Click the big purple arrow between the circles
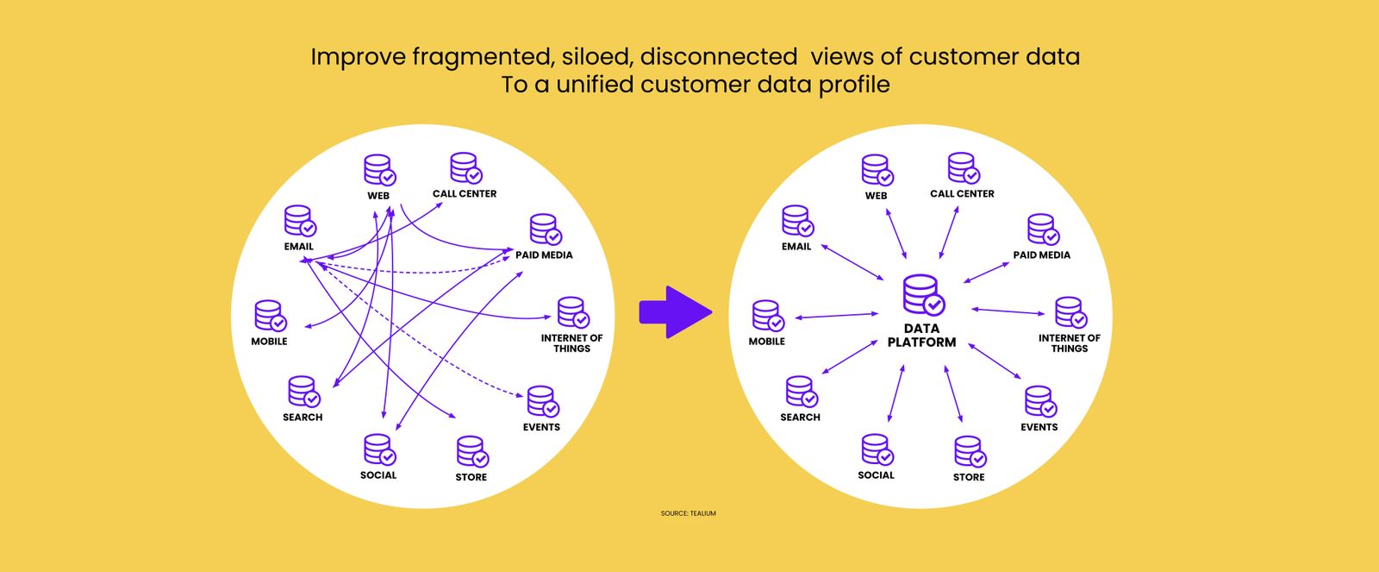(674, 311)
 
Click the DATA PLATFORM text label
(921, 335)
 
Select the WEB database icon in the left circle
(379, 170)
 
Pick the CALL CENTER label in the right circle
(962, 194)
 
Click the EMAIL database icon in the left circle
(300, 221)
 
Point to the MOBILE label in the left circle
(269, 342)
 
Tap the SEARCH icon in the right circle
(801, 392)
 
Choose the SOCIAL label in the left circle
(378, 475)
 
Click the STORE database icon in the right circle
(970, 452)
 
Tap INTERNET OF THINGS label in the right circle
(1069, 343)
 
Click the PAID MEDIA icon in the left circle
(546, 229)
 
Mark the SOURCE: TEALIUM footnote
(688, 513)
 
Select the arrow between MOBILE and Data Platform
(836, 316)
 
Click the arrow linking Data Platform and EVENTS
(995, 361)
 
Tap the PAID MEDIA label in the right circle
(1041, 255)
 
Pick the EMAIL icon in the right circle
(797, 221)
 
